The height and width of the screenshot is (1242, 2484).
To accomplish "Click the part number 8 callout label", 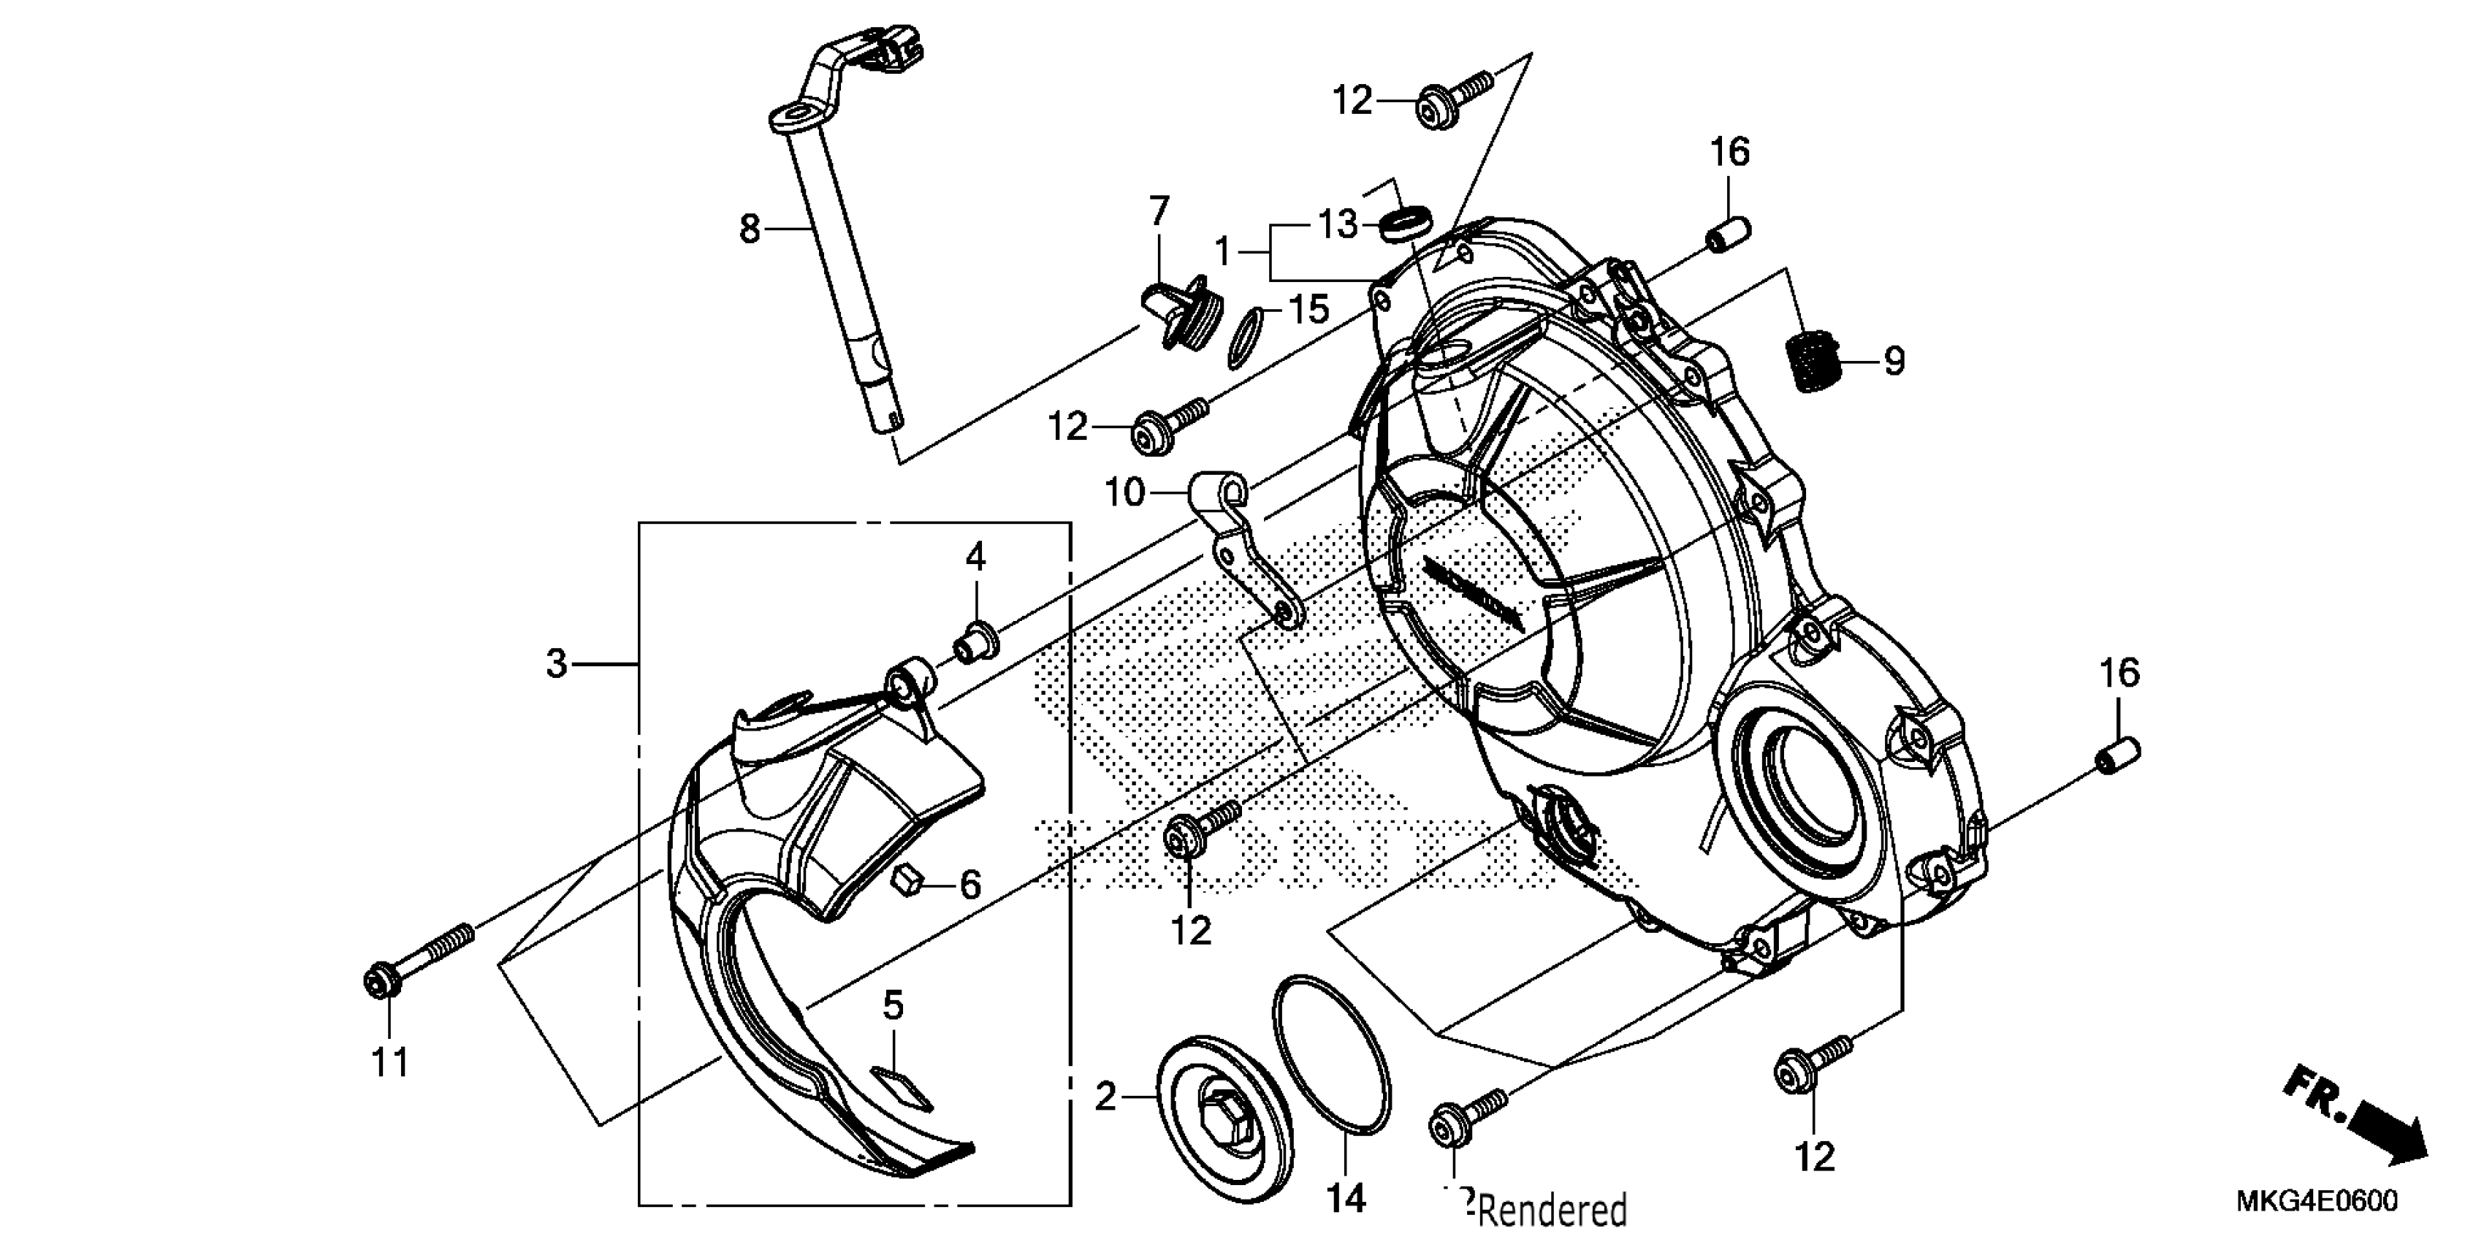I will pyautogui.click(x=750, y=229).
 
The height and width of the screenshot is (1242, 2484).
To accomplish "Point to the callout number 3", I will pyautogui.click(x=557, y=663).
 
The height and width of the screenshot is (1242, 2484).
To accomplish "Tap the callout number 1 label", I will pyautogui.click(x=1223, y=253).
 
